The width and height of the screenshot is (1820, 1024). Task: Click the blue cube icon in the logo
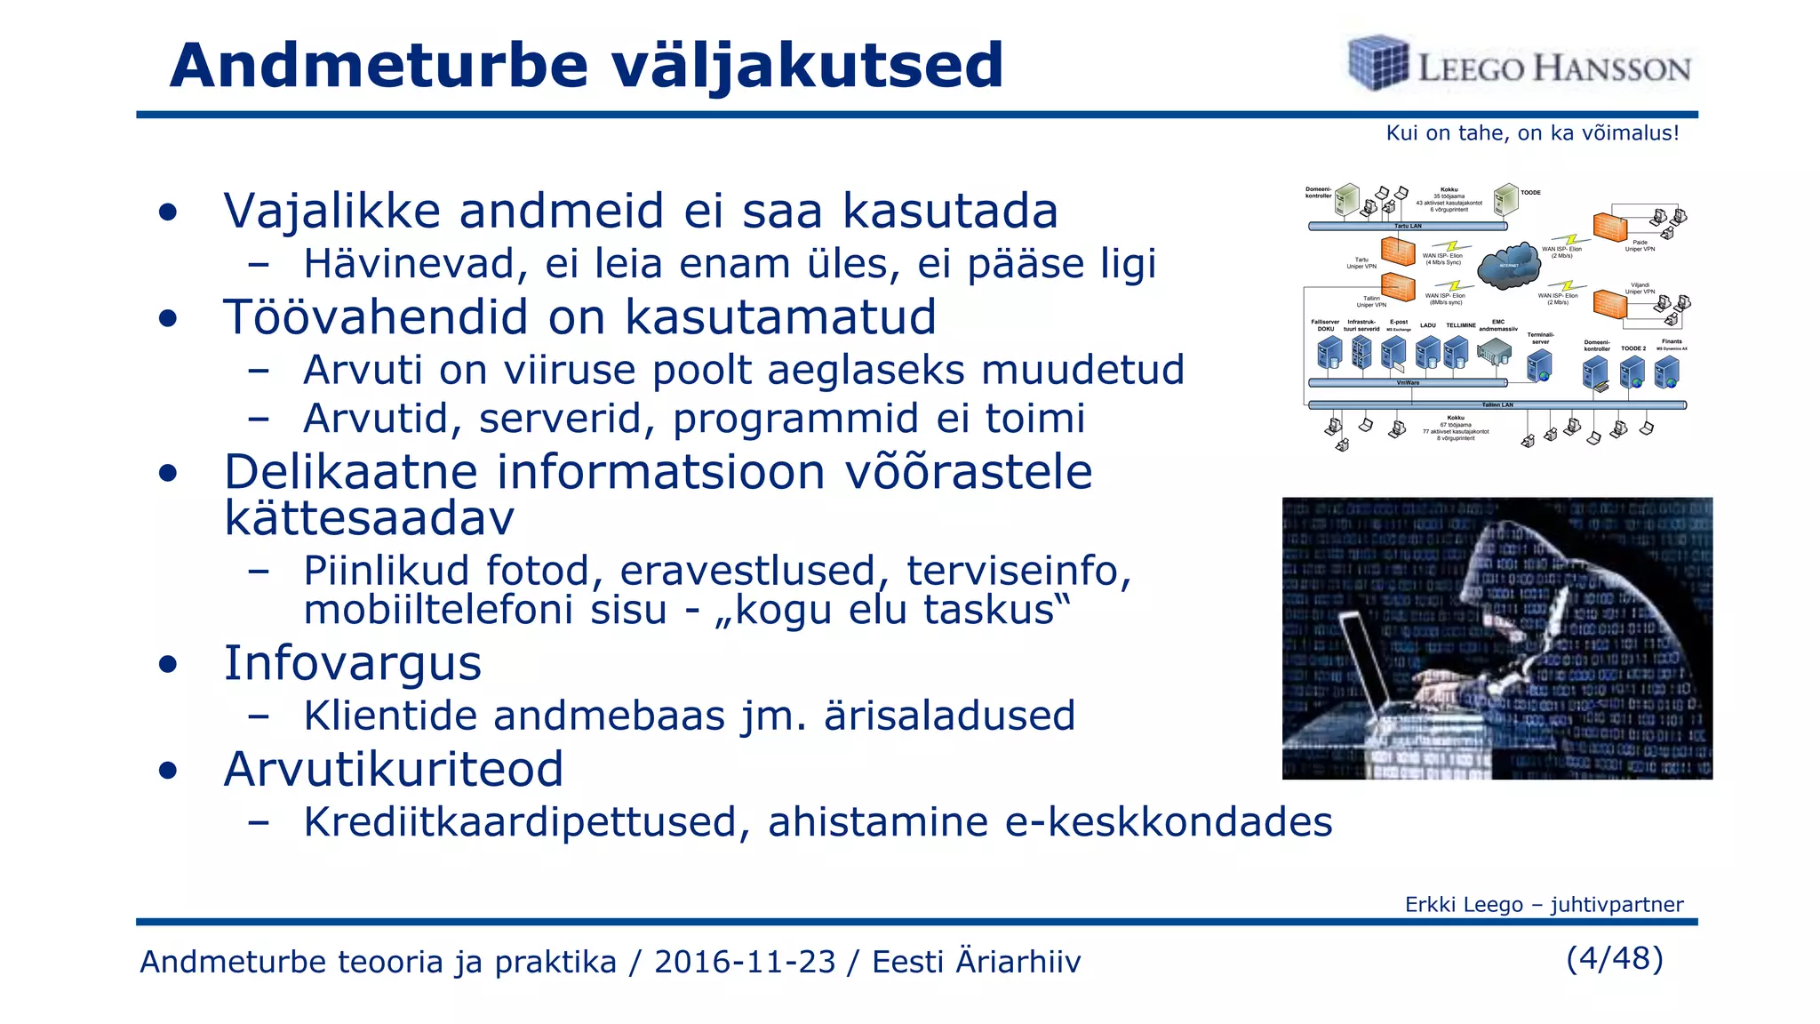click(x=1378, y=63)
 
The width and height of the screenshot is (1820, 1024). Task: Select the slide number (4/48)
click(x=1615, y=958)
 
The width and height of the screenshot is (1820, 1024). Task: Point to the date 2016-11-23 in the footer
click(x=745, y=962)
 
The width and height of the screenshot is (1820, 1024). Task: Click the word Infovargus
click(x=352, y=663)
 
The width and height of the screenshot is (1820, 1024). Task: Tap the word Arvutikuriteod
click(x=394, y=769)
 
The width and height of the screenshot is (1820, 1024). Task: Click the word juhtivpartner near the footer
click(x=1616, y=905)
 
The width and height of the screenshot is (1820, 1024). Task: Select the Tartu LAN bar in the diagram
click(x=1407, y=227)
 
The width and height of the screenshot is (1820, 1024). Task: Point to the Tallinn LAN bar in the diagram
click(x=1497, y=405)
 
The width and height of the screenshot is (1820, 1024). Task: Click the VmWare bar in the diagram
click(x=1408, y=383)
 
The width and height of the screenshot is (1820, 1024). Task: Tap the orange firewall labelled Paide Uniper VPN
click(x=1609, y=228)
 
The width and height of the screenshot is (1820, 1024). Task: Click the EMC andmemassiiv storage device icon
click(x=1494, y=353)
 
